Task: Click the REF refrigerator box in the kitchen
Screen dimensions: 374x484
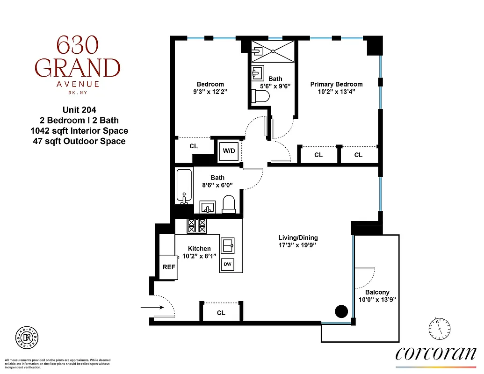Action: tap(169, 267)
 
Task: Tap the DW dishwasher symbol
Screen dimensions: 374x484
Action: tap(228, 265)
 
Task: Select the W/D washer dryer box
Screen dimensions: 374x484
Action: tap(229, 151)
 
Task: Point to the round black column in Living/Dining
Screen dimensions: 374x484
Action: tap(341, 310)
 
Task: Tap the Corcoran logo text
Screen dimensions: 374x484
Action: tap(436, 353)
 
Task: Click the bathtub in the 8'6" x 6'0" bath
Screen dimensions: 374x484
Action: tap(184, 187)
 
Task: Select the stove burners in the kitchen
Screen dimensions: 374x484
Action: tap(196, 226)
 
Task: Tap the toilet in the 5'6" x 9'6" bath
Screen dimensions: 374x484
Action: tap(261, 97)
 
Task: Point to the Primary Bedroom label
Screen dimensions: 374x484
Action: tap(336, 84)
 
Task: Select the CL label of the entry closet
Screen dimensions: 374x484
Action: tap(221, 313)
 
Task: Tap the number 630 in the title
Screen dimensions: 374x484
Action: tap(78, 45)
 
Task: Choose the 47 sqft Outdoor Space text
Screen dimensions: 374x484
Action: tap(78, 141)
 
